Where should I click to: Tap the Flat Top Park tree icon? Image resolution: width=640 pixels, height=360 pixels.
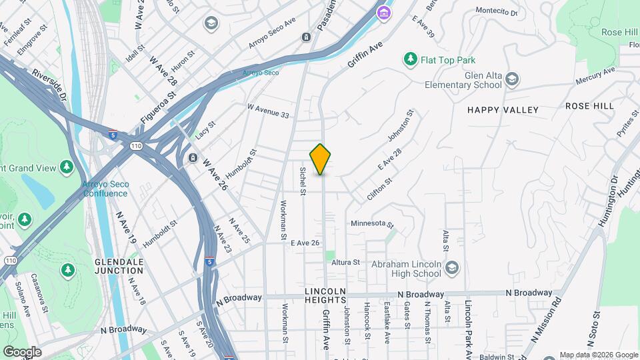tap(410, 60)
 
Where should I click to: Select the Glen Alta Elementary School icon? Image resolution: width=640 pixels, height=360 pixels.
tap(511, 80)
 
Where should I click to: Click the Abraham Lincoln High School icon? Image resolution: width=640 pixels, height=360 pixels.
tap(452, 268)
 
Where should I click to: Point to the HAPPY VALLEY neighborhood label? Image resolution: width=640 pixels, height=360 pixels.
tap(502, 109)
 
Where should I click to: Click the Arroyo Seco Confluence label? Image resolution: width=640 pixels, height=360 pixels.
tap(105, 189)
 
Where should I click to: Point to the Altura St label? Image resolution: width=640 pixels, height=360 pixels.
tap(346, 263)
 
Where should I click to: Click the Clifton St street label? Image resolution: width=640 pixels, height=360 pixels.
tap(379, 190)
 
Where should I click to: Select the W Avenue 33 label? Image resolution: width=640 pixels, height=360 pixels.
tap(268, 111)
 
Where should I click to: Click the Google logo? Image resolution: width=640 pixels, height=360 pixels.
tap(22, 351)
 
